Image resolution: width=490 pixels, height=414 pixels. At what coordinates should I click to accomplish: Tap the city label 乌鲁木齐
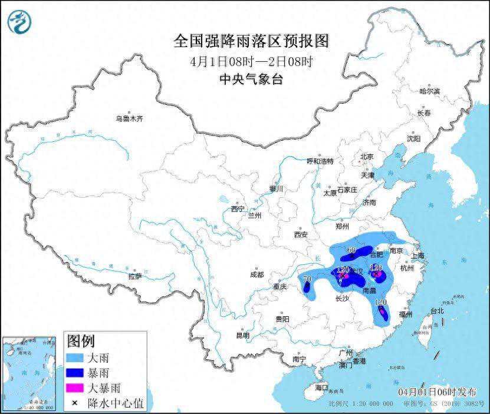(130, 119)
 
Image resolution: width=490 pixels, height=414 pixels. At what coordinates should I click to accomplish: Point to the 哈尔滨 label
(429, 91)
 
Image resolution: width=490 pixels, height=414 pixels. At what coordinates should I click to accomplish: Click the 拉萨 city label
(135, 276)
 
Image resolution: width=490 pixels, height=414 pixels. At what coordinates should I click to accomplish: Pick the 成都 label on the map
(256, 274)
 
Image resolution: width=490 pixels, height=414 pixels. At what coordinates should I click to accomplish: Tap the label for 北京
(367, 157)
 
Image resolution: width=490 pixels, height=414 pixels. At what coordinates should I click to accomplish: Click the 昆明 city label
(243, 336)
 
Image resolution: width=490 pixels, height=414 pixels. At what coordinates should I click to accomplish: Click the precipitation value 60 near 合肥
(351, 250)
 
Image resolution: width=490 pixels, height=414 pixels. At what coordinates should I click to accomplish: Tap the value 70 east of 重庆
(307, 279)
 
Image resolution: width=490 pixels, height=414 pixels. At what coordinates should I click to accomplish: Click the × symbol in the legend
(75, 403)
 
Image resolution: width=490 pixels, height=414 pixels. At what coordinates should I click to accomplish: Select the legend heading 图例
(81, 341)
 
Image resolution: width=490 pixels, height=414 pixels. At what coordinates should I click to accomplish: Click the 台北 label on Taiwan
(436, 310)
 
